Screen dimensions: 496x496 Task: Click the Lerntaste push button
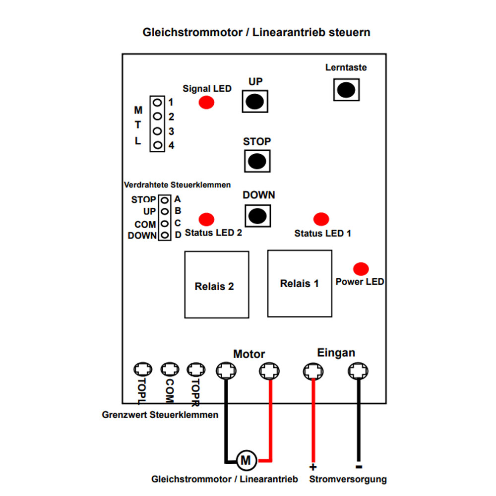tap(346, 90)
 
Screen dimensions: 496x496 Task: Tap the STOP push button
tap(257, 161)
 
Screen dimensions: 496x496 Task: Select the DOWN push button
tap(257, 216)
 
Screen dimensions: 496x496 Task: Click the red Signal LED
tap(206, 102)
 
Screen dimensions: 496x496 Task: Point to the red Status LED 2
tap(206, 219)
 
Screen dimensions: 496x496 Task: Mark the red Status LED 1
tap(321, 219)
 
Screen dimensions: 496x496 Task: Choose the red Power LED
tap(361, 269)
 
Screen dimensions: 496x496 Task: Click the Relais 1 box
tap(300, 283)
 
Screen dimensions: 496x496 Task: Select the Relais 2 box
tap(217, 285)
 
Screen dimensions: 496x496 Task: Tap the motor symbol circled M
tap(246, 460)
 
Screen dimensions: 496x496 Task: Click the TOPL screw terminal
tap(143, 369)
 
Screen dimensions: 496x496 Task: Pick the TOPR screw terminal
tap(196, 370)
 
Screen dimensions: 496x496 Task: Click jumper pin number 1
tap(157, 103)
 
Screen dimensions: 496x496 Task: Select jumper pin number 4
tap(157, 145)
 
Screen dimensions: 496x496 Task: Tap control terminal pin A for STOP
tap(165, 200)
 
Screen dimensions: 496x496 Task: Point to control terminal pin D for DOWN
tap(165, 235)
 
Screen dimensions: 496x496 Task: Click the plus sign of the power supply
tap(313, 467)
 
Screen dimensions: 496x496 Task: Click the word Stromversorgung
tap(348, 479)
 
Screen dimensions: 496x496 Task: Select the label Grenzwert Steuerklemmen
tap(160, 415)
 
